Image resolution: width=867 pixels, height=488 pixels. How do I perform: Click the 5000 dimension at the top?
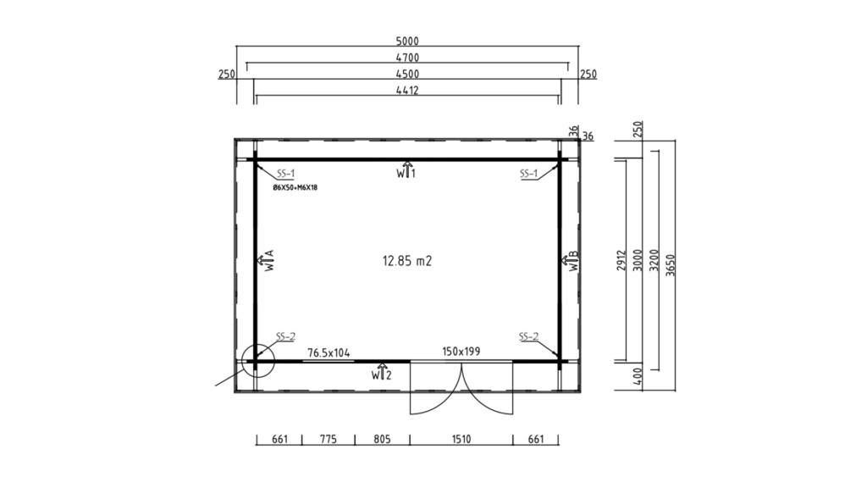click(x=407, y=41)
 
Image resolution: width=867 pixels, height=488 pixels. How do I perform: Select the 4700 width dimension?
click(x=407, y=58)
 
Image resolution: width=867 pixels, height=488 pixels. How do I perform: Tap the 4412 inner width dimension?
click(x=407, y=90)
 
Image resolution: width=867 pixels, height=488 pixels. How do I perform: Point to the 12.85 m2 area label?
click(x=407, y=261)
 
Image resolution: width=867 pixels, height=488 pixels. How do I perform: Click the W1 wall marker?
click(x=406, y=169)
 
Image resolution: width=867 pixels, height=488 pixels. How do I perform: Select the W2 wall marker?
click(x=382, y=372)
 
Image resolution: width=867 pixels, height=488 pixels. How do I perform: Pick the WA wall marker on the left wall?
click(x=266, y=260)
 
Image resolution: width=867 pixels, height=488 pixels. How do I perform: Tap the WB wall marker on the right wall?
click(x=571, y=261)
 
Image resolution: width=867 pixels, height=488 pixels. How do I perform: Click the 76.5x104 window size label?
click(x=329, y=353)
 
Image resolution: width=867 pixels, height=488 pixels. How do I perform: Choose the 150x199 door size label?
click(x=461, y=352)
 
